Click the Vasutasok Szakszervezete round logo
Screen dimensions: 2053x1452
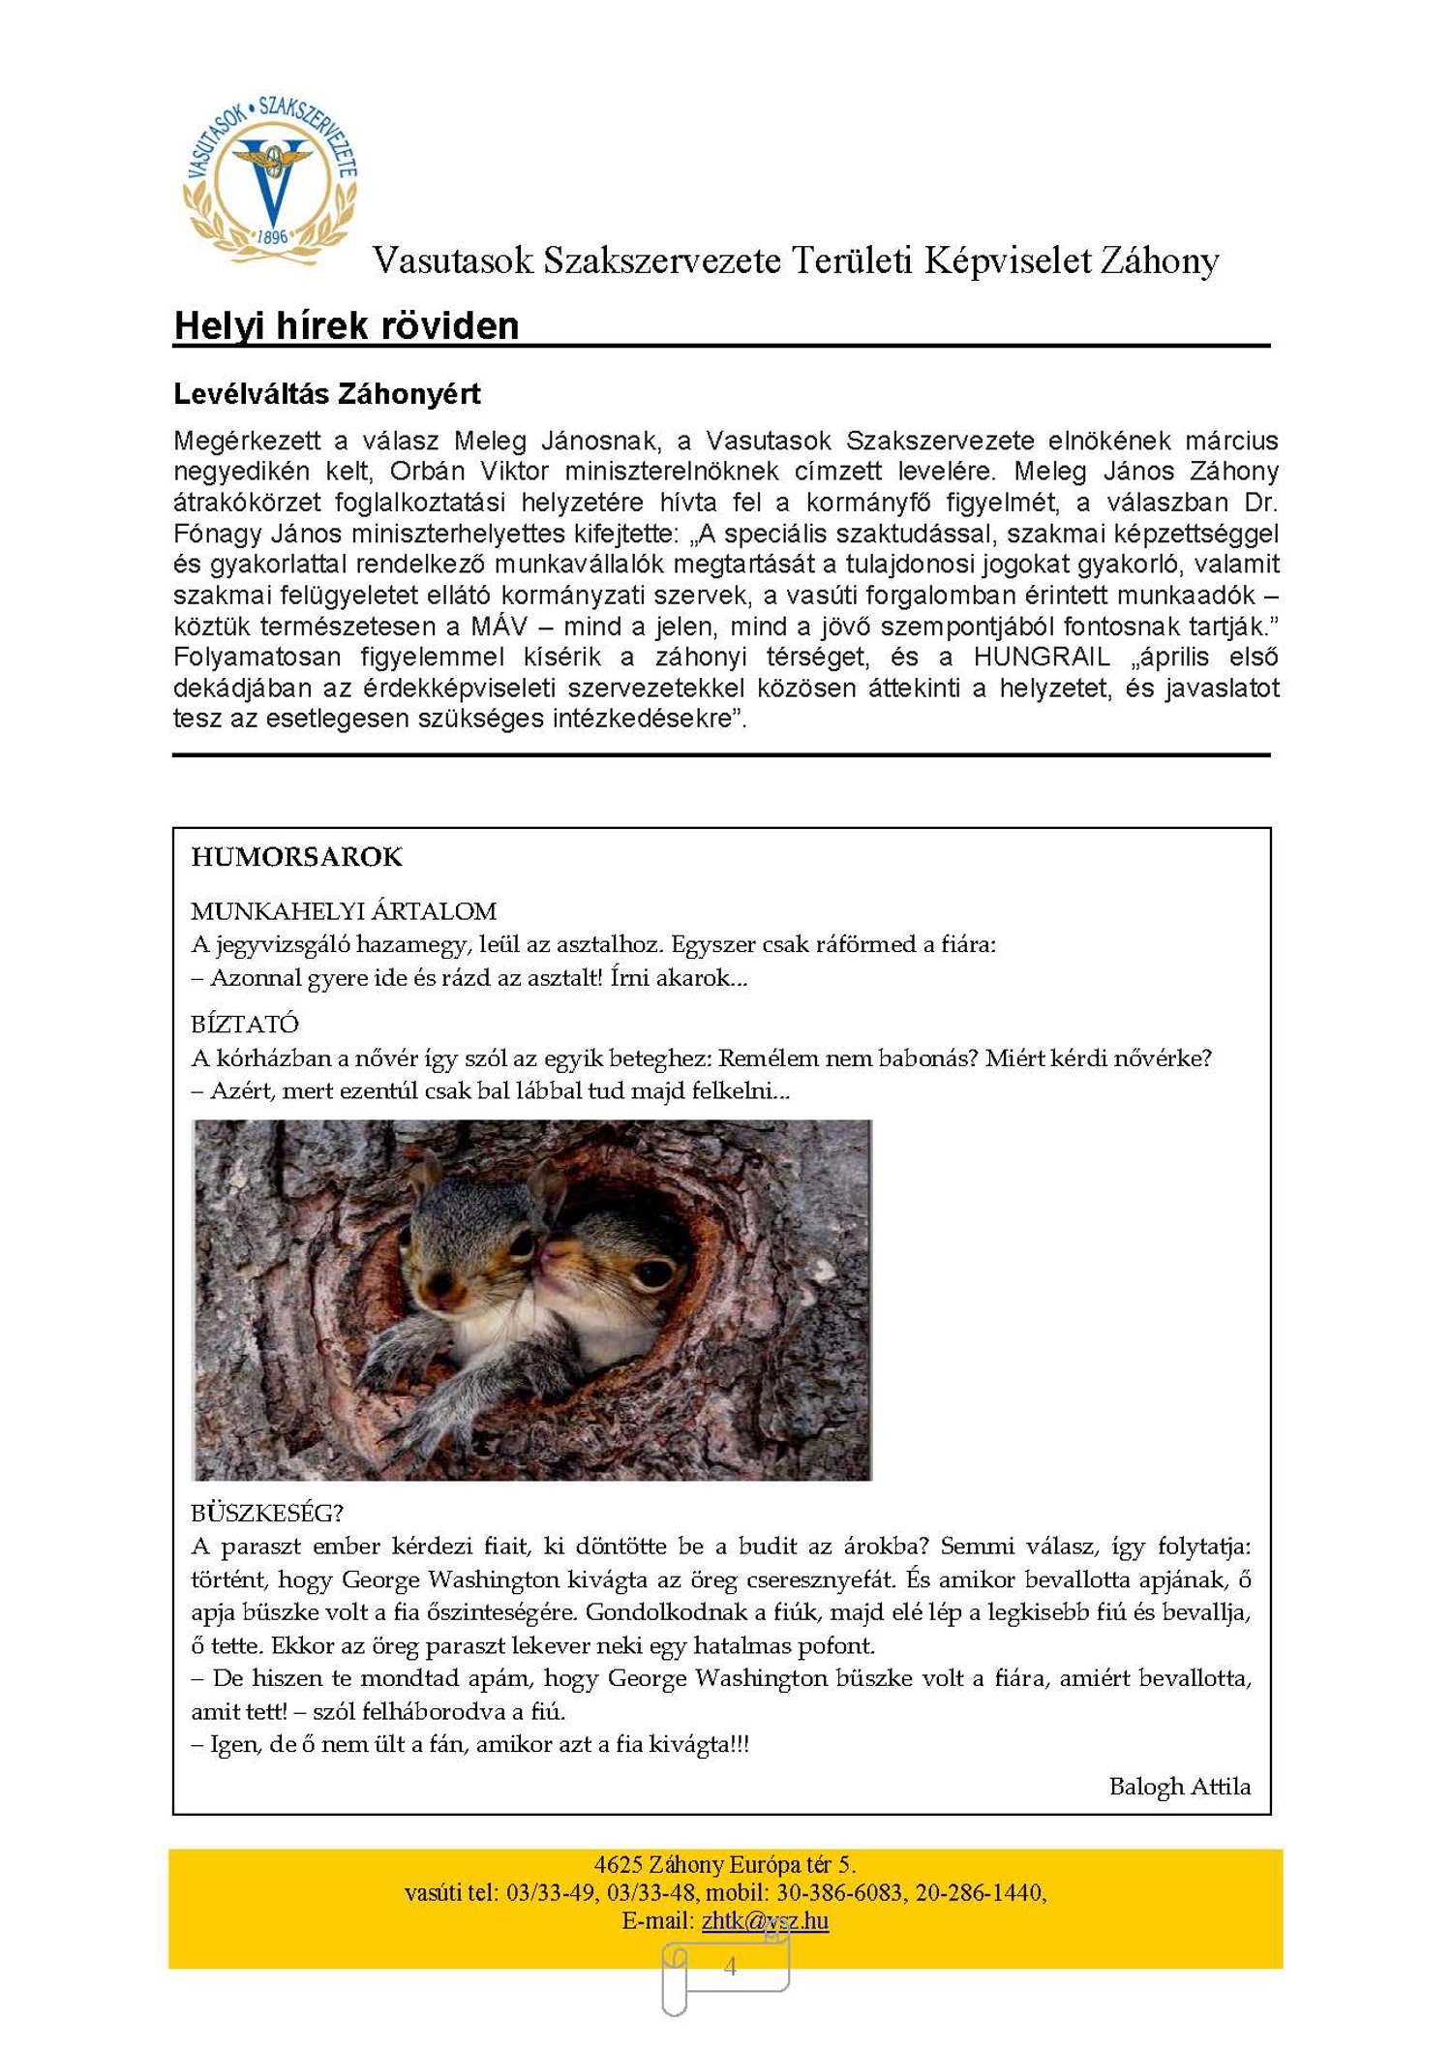[271, 179]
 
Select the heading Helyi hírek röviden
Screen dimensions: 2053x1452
[347, 325]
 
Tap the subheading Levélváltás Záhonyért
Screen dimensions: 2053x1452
[327, 394]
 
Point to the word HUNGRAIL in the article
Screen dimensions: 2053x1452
[1042, 657]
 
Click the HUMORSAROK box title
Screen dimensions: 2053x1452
[296, 857]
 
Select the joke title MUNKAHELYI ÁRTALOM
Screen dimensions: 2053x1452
[344, 911]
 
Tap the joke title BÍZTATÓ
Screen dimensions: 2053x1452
[245, 1025]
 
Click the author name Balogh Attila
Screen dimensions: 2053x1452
[1179, 1787]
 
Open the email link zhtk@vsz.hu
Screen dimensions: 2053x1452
[765, 1920]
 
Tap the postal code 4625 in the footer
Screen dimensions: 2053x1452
[619, 1864]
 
